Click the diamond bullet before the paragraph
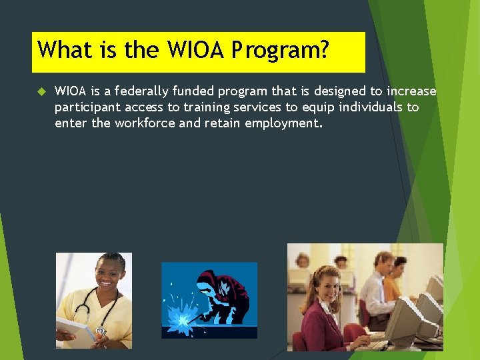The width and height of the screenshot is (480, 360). [x=39, y=91]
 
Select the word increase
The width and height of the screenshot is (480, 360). [x=411, y=91]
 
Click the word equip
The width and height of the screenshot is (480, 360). [x=319, y=107]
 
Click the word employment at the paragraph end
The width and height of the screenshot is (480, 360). [x=284, y=123]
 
